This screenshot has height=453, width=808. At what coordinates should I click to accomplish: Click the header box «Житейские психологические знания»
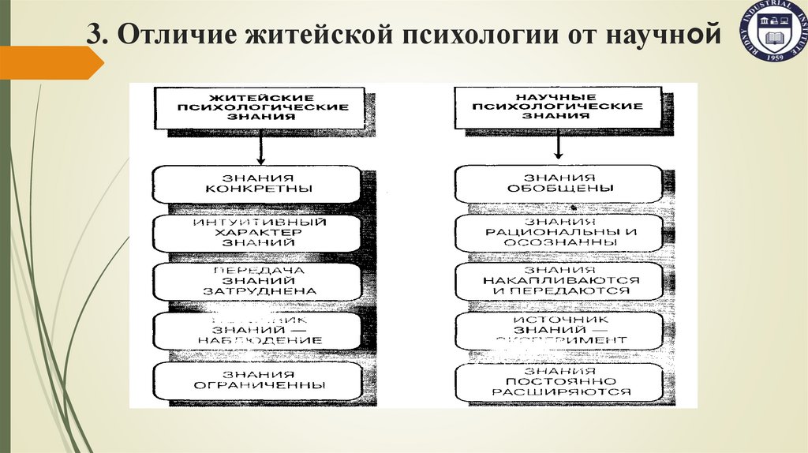tap(260, 107)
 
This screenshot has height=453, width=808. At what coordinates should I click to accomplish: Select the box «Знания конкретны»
tap(257, 183)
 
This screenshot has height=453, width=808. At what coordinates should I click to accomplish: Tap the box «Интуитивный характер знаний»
tap(257, 232)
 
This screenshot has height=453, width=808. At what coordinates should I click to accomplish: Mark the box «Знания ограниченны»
tap(257, 380)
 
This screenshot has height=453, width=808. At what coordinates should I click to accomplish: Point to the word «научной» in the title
tap(667, 37)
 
